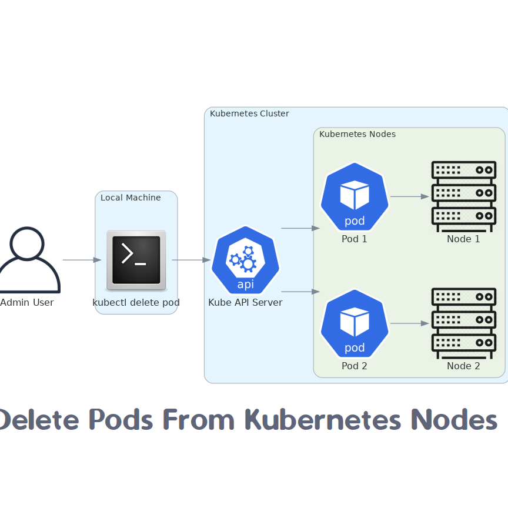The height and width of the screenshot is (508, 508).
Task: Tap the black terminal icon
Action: click(x=136, y=260)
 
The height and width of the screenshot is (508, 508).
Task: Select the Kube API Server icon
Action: click(x=246, y=260)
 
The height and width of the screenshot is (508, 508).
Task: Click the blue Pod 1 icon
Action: click(x=355, y=196)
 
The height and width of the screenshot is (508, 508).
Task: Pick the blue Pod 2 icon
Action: click(x=355, y=323)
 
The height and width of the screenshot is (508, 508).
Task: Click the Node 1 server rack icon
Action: click(x=463, y=196)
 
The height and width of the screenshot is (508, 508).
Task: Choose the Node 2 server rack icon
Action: click(x=463, y=323)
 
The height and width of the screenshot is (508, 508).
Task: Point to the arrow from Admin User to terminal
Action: click(x=82, y=260)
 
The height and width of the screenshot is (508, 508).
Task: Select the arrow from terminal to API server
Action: click(x=191, y=260)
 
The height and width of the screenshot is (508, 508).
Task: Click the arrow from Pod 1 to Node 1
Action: click(x=409, y=196)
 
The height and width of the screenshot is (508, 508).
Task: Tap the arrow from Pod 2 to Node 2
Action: click(x=409, y=323)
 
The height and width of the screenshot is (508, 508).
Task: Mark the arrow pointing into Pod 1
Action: click(x=300, y=228)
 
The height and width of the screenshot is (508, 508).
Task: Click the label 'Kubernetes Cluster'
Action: click(x=249, y=113)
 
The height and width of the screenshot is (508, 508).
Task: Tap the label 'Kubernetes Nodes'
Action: click(x=357, y=134)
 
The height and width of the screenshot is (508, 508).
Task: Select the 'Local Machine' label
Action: click(x=131, y=198)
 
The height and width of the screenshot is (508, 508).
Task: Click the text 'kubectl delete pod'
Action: click(x=136, y=303)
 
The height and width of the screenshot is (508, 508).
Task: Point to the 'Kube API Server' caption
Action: click(x=245, y=303)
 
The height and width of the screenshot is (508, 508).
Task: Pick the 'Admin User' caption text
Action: click(x=27, y=303)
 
